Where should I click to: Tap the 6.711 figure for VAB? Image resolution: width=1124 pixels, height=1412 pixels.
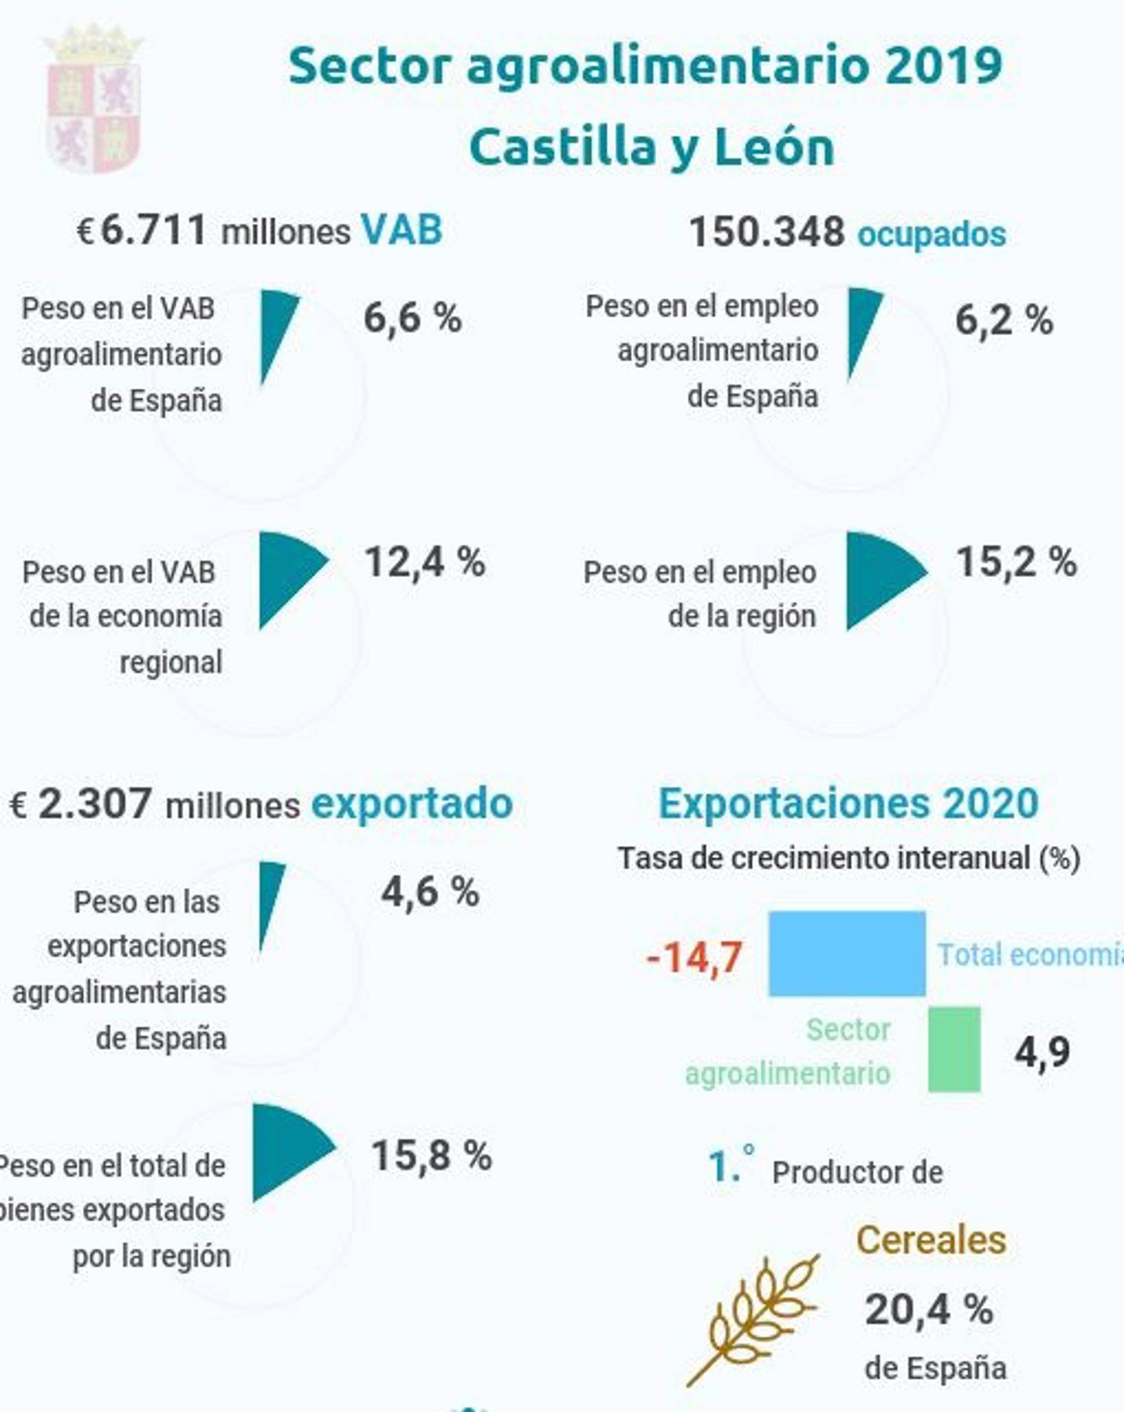[154, 231]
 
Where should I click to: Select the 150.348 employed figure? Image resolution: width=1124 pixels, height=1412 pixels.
[767, 232]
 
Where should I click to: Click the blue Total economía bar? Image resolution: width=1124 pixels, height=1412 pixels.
[847, 953]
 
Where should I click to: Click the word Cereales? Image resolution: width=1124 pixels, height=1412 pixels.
[931, 1240]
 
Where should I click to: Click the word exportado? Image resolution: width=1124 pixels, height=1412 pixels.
[412, 804]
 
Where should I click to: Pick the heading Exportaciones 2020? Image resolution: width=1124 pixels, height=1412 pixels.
[848, 803]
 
